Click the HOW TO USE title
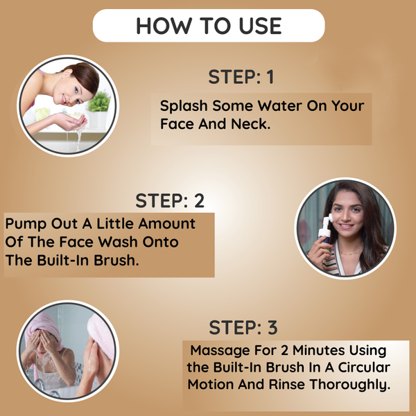(x=209, y=26)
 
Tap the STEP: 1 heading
(x=241, y=77)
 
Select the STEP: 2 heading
(x=170, y=200)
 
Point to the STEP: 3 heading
(x=243, y=327)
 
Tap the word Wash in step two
(x=118, y=242)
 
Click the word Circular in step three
(x=364, y=367)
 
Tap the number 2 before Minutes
(x=284, y=350)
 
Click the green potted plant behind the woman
(x=98, y=101)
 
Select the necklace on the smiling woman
(x=350, y=252)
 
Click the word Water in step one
(x=279, y=105)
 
